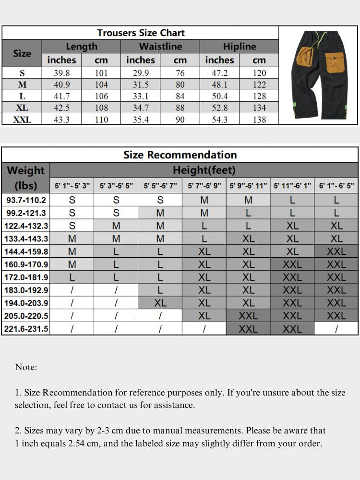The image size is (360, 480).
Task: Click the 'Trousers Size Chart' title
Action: click(x=141, y=33)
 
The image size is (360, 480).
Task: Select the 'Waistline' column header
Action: click(x=160, y=47)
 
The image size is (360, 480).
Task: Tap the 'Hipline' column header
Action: click(x=239, y=47)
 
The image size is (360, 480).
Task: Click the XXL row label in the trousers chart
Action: click(x=22, y=120)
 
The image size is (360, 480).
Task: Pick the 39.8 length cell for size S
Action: click(x=61, y=73)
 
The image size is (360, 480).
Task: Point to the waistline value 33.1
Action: click(x=141, y=96)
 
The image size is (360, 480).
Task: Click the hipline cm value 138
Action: click(x=259, y=120)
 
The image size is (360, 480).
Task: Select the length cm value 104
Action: click(x=101, y=84)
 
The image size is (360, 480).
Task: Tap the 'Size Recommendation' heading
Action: click(x=180, y=155)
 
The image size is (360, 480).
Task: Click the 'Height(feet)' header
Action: click(x=204, y=170)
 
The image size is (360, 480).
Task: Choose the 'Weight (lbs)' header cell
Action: click(x=26, y=178)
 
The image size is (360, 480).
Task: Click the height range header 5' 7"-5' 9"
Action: click(x=204, y=186)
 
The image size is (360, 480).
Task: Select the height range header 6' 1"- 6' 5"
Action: click(x=336, y=186)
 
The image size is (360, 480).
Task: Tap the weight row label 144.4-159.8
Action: click(x=26, y=252)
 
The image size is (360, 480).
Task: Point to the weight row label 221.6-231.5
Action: click(x=26, y=329)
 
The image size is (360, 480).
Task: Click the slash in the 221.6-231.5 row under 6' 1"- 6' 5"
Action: click(x=336, y=329)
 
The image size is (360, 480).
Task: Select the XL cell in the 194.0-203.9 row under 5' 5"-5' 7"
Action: click(x=160, y=303)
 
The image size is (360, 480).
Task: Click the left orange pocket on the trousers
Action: click(x=305, y=57)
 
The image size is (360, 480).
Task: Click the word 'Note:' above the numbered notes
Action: click(x=26, y=367)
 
